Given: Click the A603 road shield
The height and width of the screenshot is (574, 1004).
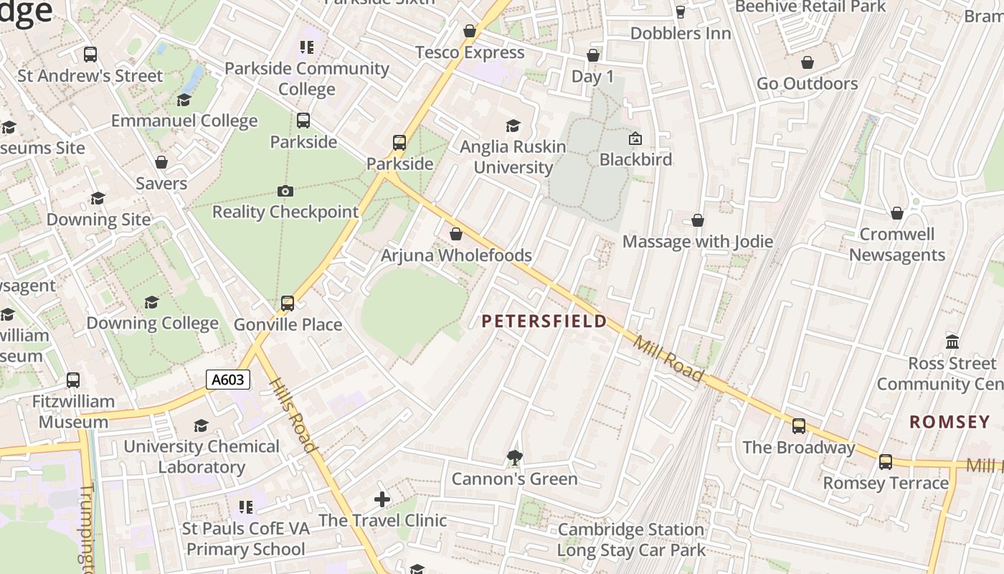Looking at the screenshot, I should (228, 380).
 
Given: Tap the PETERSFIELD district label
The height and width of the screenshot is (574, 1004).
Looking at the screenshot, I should (544, 321).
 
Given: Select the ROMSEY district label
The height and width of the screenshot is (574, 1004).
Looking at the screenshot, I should (949, 422).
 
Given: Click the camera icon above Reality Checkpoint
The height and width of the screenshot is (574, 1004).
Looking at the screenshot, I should (285, 191).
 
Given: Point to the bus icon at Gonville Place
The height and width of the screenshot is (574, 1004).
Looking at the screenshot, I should (288, 304).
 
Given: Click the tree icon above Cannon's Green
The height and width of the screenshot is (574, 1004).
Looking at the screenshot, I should (514, 457).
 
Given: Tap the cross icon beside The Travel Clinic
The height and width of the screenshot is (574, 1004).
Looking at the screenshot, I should (382, 499).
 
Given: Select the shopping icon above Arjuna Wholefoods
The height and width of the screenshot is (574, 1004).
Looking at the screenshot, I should (456, 234).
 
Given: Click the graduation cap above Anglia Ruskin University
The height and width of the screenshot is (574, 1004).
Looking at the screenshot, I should (513, 126).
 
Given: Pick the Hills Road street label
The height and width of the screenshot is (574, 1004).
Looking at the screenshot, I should (294, 415).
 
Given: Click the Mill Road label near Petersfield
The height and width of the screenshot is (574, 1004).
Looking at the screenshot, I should (668, 358).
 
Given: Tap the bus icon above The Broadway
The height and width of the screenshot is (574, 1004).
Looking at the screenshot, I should (799, 426).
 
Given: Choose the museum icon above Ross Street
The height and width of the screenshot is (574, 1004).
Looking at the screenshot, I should (952, 342).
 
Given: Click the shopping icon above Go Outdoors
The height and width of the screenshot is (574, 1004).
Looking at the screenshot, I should (808, 62).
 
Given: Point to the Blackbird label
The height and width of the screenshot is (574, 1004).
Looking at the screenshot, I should (635, 159).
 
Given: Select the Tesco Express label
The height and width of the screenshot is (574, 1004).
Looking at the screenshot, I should (470, 52).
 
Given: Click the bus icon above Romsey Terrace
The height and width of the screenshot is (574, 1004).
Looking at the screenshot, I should (886, 461).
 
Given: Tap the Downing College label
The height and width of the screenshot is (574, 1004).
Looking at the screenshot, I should (152, 324).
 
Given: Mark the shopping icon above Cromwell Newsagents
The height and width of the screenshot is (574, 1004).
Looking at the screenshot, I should (896, 213).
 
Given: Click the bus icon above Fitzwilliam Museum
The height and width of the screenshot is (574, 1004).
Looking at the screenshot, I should (73, 380).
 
